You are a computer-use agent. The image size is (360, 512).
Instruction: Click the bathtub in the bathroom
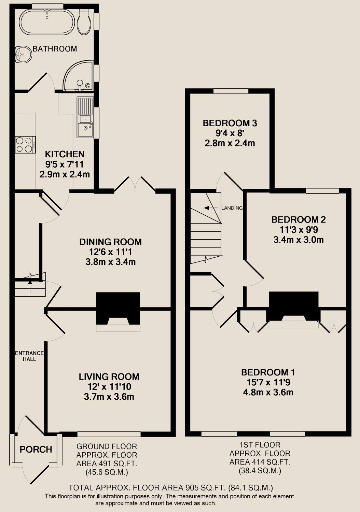point(47,22)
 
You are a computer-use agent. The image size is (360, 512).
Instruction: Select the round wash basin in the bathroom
point(23,54)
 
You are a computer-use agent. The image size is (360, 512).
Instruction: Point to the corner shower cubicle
point(78,76)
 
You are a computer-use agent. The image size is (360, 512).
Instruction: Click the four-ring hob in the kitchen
point(25,145)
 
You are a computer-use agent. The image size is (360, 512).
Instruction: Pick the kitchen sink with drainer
point(85,117)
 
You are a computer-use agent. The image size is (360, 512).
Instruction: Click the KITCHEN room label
point(65,154)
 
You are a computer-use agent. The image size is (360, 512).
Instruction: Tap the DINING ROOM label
point(110,242)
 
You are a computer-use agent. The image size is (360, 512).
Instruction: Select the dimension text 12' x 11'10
point(109,386)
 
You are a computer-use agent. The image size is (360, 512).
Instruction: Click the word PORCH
point(36,450)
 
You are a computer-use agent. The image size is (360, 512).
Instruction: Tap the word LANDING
point(232,208)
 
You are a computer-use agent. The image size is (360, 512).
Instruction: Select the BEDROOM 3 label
point(230,123)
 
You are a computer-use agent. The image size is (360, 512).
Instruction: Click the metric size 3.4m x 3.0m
point(299,240)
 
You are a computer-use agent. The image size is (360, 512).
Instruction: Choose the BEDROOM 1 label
point(268,372)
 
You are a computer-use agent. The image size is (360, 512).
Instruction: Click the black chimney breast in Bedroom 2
point(293,306)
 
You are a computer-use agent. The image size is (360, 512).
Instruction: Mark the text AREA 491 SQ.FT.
point(107,464)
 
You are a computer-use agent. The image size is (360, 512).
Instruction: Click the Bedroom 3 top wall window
point(231,91)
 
